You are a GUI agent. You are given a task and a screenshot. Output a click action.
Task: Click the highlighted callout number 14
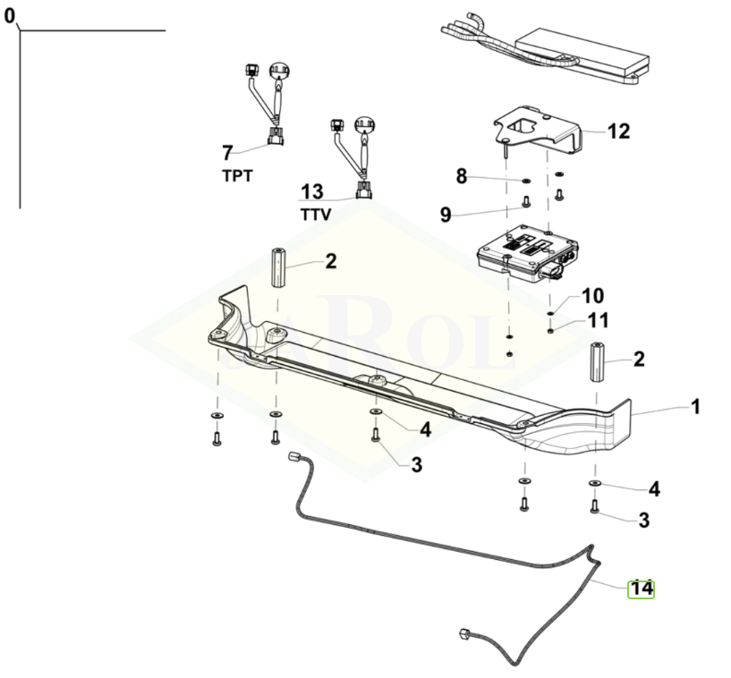coord(641,589)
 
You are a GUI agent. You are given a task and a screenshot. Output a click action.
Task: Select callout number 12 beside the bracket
coord(618,131)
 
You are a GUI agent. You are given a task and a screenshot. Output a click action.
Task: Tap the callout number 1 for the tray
coord(694,407)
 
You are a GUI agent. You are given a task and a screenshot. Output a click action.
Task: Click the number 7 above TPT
coord(227,152)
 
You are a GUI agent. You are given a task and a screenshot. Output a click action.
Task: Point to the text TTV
coord(315,215)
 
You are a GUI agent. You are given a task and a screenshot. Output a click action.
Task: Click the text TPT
coord(237,175)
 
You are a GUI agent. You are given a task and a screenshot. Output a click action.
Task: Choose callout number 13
coord(311,191)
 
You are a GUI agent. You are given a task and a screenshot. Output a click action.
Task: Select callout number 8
coord(462,176)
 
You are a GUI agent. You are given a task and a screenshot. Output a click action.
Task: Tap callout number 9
coord(445,214)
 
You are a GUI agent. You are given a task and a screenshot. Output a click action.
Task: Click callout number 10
coord(592,295)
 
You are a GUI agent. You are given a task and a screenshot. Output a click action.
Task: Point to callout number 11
coord(598,319)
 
